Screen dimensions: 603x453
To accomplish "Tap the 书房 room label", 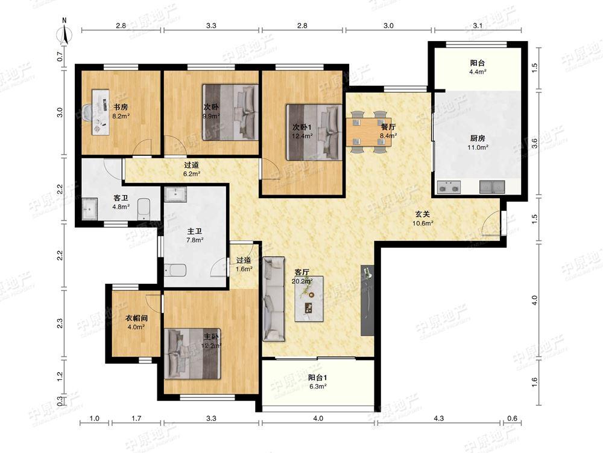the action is [x=121, y=107].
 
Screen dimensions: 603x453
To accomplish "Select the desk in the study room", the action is [x=100, y=112].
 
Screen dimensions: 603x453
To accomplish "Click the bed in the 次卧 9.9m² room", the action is [x=230, y=112].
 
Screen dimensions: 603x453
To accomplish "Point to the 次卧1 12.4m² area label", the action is [x=302, y=131].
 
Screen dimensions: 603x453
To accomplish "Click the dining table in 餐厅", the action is [x=368, y=132].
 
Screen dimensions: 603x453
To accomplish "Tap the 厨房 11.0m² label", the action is [x=478, y=142].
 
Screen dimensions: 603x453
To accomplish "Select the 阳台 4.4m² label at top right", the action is [x=478, y=66].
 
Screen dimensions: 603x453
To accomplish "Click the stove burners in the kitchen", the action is [x=449, y=188].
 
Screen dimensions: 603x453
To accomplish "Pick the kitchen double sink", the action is [x=492, y=187].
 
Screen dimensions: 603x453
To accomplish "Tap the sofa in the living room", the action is [x=274, y=300].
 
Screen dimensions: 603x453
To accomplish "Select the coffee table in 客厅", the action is [x=309, y=299].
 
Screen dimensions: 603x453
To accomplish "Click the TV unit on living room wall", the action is [x=367, y=300].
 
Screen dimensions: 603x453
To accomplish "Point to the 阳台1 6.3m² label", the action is [x=317, y=382].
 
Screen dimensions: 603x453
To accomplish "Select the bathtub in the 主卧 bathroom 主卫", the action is [x=175, y=270].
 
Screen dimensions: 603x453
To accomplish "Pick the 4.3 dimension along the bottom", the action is [x=439, y=419].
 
